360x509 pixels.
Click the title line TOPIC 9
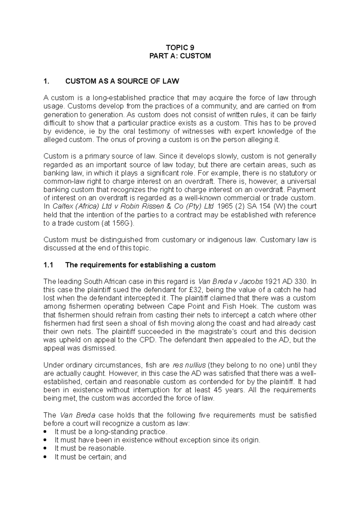click(180, 47)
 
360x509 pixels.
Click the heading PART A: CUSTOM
click(180, 56)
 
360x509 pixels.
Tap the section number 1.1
click(48, 265)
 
